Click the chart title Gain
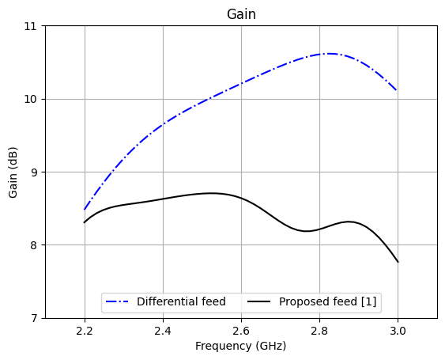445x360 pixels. coord(241,14)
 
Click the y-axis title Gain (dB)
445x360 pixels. coord(13,172)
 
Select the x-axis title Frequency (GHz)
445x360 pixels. coord(241,346)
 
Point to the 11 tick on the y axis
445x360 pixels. coord(32,26)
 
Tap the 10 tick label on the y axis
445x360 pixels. coord(32,99)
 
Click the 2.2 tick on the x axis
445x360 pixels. coord(85,329)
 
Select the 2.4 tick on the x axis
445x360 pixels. coord(163,329)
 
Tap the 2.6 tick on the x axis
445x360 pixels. coord(241,329)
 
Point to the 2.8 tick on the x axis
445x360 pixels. coord(319,329)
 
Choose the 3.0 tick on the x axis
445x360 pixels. coord(398,329)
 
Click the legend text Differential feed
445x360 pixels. coord(181,301)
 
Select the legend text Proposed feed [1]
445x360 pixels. coord(328,301)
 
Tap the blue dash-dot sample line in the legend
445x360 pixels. coord(119,301)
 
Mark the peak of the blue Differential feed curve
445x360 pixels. coord(328,54)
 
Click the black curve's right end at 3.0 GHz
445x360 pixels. coord(398,262)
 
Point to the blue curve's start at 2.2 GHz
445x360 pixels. coord(85,210)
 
